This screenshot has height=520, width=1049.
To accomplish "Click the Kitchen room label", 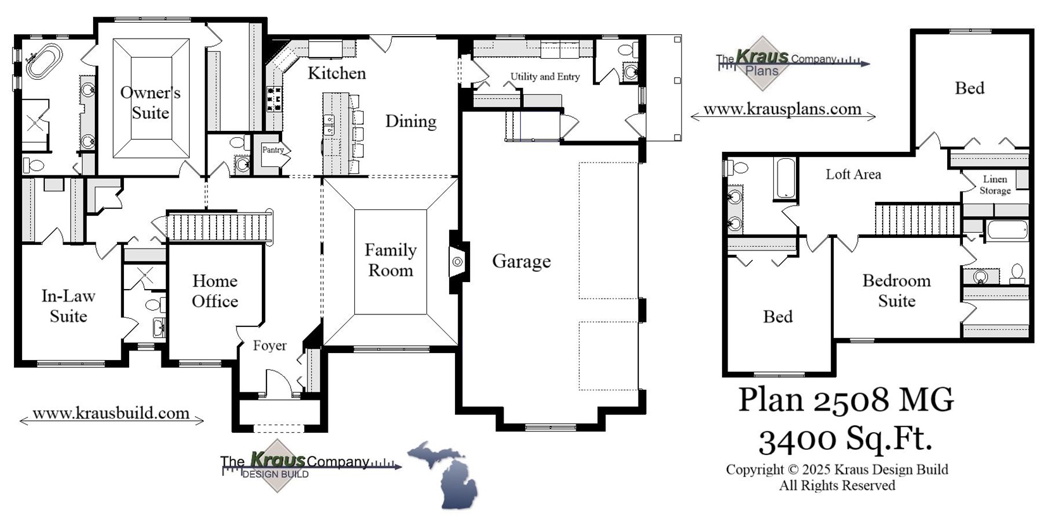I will pyautogui.click(x=337, y=73).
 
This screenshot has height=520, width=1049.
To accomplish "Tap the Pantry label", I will pyautogui.click(x=273, y=150).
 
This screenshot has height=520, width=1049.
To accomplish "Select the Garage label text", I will pyautogui.click(x=521, y=261).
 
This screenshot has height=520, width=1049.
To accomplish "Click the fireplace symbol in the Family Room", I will pyautogui.click(x=457, y=261).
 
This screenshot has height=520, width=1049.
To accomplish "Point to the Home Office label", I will pyautogui.click(x=215, y=291).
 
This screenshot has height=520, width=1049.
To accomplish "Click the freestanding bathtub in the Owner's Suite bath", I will pyautogui.click(x=44, y=60).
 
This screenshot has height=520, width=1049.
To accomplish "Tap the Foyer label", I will pyautogui.click(x=270, y=345).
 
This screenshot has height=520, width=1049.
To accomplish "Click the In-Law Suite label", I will pyautogui.click(x=68, y=306).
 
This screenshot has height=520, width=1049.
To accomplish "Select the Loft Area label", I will pyautogui.click(x=853, y=174).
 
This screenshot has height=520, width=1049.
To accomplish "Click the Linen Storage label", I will pyautogui.click(x=995, y=185).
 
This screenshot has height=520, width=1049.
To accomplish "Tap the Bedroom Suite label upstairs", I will pyautogui.click(x=897, y=290).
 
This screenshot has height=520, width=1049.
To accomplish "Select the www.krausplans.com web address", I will pyautogui.click(x=782, y=109).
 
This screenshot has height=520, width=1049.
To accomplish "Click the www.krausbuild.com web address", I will pyautogui.click(x=111, y=414).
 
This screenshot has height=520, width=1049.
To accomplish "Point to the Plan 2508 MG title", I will pyautogui.click(x=845, y=400).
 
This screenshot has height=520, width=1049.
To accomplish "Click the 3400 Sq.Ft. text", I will pyautogui.click(x=845, y=438).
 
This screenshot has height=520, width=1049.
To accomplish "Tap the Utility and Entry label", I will pyautogui.click(x=545, y=77).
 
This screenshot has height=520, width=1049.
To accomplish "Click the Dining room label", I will pyautogui.click(x=411, y=121).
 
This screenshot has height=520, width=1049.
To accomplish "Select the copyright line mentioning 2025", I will pyautogui.click(x=836, y=469).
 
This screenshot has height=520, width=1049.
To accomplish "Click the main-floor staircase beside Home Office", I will pyautogui.click(x=218, y=226).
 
